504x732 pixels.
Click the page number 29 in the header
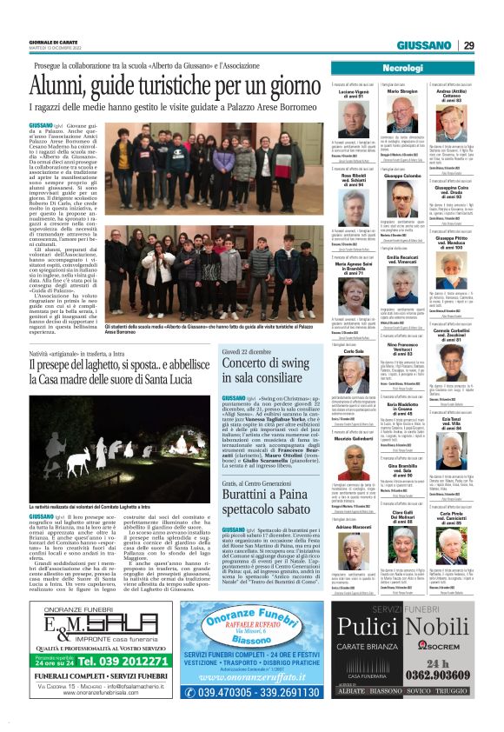coord(492,45)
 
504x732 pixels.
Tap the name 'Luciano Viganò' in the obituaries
coord(355,92)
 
